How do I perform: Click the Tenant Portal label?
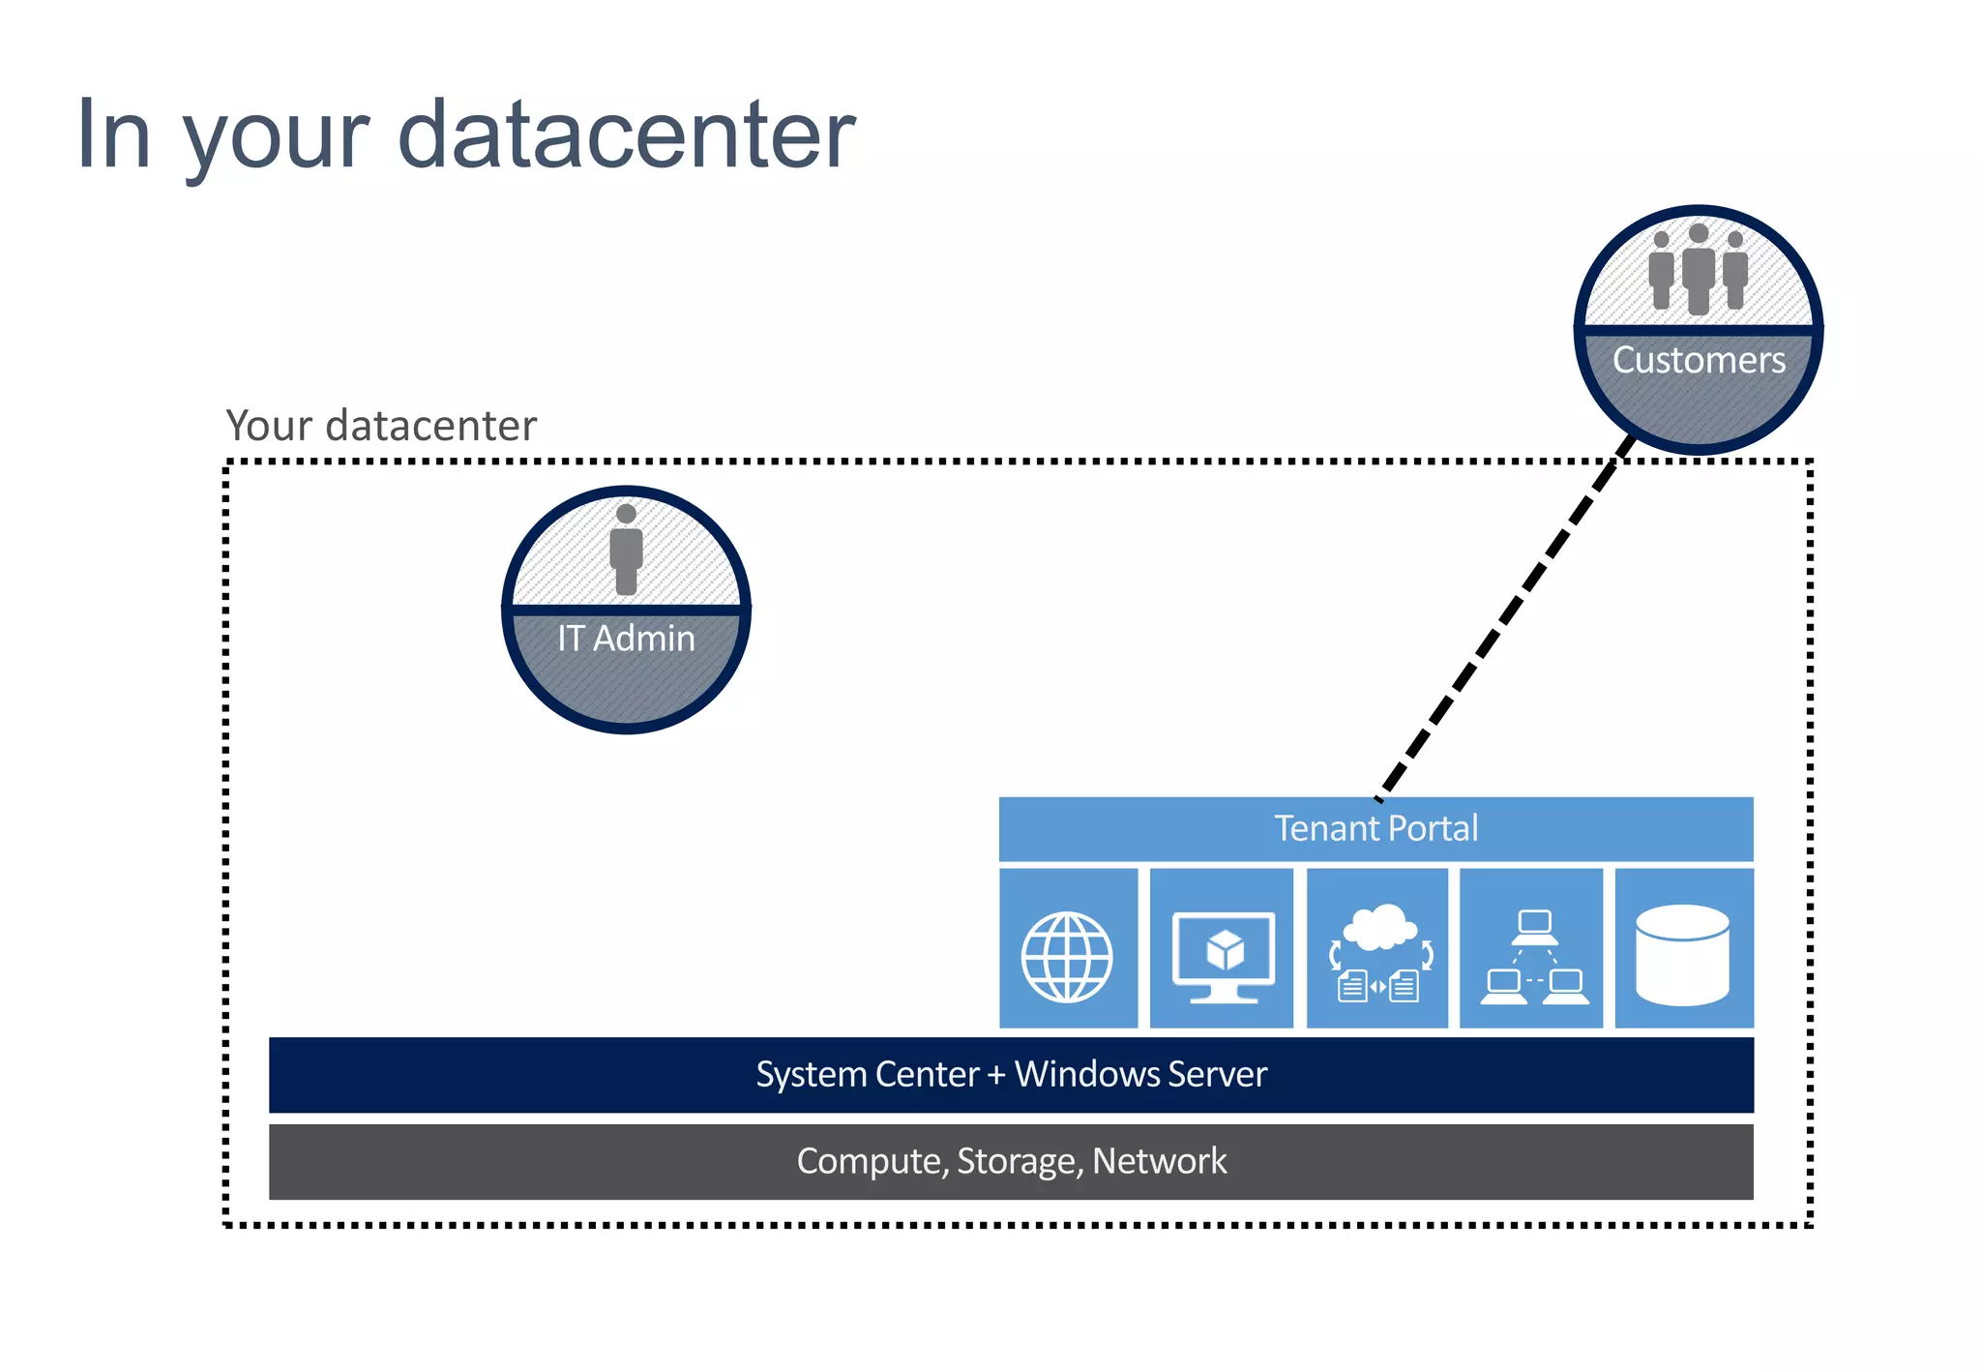click(1375, 828)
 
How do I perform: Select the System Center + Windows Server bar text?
click(1011, 1074)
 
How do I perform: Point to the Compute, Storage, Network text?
click(1011, 1160)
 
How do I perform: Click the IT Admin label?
click(626, 639)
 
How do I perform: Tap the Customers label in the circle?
click(1699, 360)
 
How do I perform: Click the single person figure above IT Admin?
click(626, 550)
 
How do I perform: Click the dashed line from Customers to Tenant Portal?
click(1505, 619)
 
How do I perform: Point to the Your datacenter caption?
click(380, 426)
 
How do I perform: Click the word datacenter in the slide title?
click(626, 135)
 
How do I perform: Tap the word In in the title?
click(113, 135)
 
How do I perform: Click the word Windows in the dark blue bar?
click(1087, 1074)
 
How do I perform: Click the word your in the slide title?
click(277, 140)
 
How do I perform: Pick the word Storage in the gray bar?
click(1017, 1160)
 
